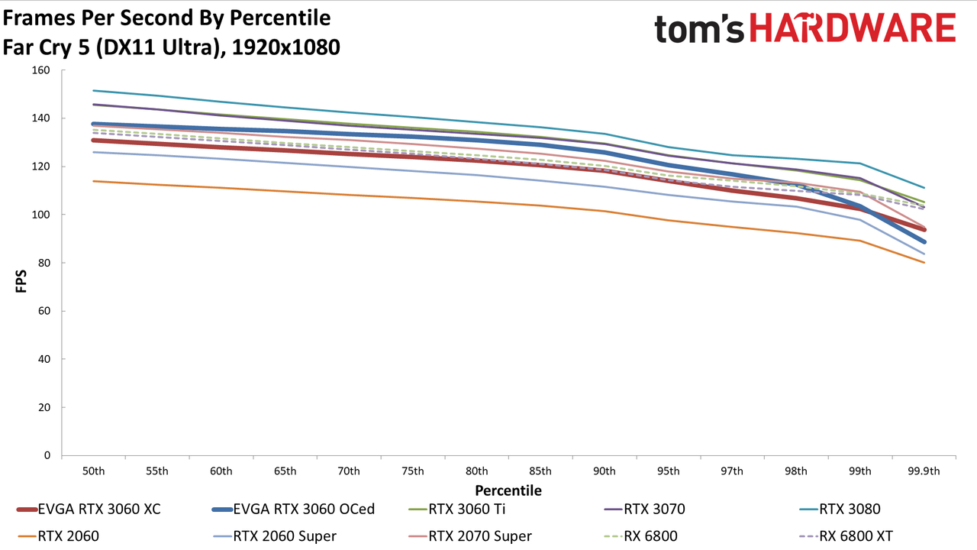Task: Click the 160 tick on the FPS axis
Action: [40, 70]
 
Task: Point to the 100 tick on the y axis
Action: [40, 215]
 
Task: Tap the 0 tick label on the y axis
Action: [47, 456]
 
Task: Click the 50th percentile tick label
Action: [94, 471]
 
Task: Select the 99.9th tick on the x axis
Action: [924, 471]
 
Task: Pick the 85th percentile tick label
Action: [540, 471]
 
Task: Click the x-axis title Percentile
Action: [508, 490]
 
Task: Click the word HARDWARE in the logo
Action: [853, 28]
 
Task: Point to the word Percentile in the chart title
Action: [280, 18]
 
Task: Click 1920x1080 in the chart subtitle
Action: [285, 47]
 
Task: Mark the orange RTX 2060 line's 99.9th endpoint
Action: [924, 262]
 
